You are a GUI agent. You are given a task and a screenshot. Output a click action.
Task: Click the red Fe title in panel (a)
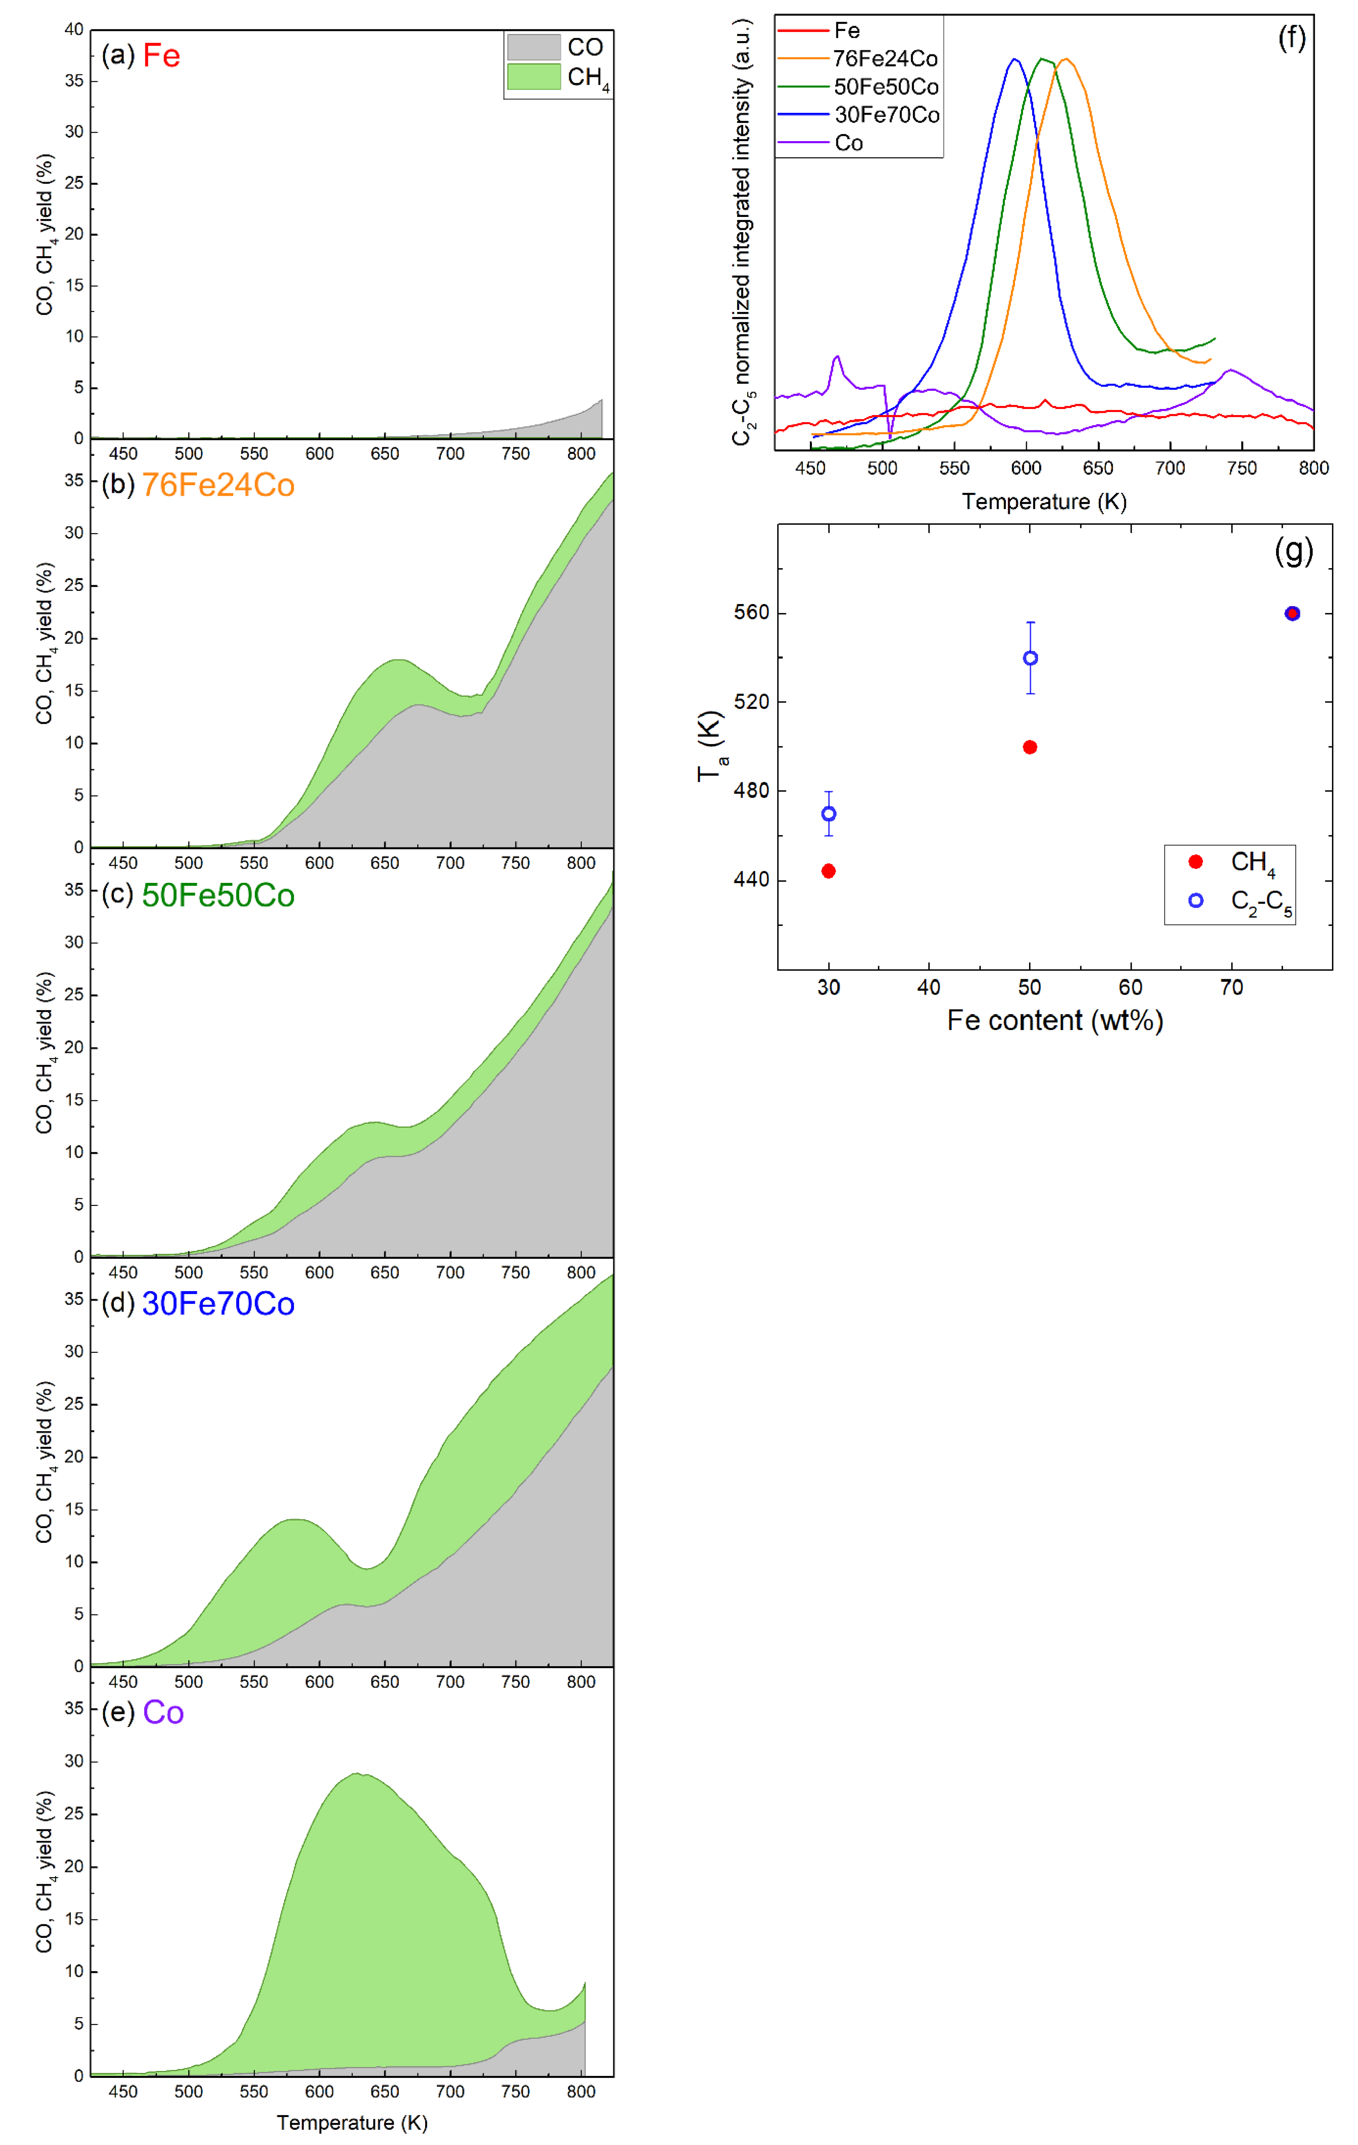coord(161,56)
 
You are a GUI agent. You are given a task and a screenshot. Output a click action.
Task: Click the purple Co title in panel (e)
coord(163,1713)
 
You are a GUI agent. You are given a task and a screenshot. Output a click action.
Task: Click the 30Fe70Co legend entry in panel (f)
coord(886,115)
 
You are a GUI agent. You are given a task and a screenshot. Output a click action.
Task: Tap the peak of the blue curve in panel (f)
coord(1014,60)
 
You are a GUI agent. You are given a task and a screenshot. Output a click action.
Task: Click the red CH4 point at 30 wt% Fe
coord(828,871)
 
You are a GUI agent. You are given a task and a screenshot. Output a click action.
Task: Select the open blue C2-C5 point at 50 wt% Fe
coord(1030,658)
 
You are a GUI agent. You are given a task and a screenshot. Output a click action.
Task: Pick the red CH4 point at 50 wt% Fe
coord(1030,747)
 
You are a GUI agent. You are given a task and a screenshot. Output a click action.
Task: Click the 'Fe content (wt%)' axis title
coord(1054,1021)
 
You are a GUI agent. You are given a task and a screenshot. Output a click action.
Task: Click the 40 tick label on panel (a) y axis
coord(74,29)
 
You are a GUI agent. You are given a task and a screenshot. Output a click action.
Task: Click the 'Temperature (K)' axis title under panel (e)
coord(352,2123)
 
